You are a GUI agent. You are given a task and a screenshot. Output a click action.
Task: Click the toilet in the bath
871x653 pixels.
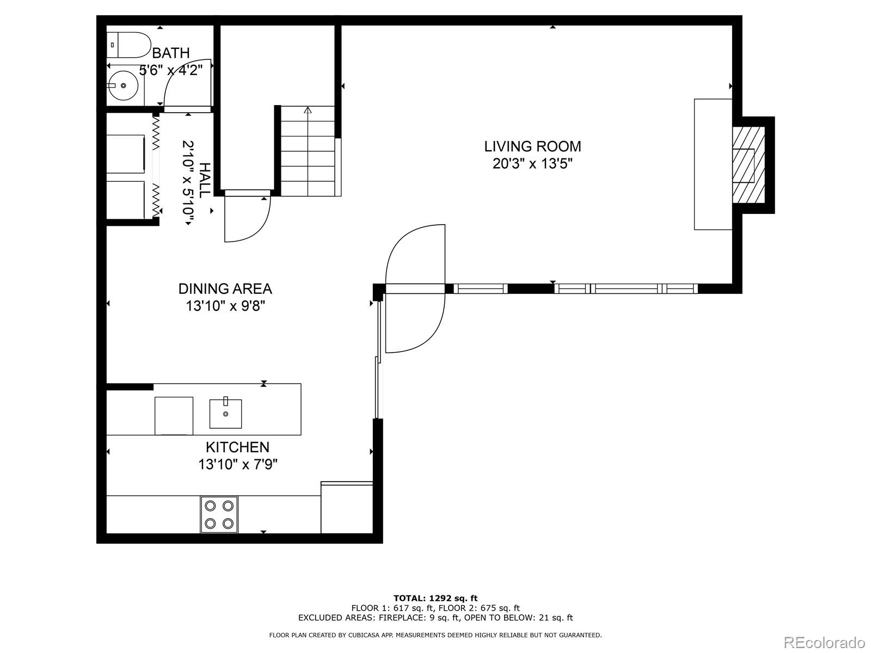(130, 45)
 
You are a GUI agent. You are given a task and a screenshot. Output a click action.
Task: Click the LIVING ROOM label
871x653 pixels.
(532, 146)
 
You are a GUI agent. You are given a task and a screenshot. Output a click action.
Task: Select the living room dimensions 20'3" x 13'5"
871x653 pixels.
(532, 164)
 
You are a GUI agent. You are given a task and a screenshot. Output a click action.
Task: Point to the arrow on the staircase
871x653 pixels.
(308, 111)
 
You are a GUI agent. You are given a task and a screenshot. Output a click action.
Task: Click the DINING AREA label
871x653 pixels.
(225, 288)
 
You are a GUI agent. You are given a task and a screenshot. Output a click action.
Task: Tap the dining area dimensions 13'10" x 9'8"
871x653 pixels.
(225, 306)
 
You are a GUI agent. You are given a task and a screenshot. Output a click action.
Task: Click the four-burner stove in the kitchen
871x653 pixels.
(219, 514)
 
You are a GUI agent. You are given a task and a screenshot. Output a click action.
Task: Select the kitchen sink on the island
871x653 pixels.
(225, 414)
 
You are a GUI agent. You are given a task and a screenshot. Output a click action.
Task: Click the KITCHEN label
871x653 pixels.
(237, 447)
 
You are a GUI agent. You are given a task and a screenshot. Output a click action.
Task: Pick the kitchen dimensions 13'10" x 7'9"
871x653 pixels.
(238, 465)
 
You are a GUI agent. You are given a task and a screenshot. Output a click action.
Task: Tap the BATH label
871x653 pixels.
(171, 53)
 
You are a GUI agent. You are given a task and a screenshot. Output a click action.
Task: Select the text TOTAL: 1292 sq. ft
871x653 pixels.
(435, 599)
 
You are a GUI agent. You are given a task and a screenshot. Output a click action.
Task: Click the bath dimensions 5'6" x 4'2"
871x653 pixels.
(171, 70)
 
